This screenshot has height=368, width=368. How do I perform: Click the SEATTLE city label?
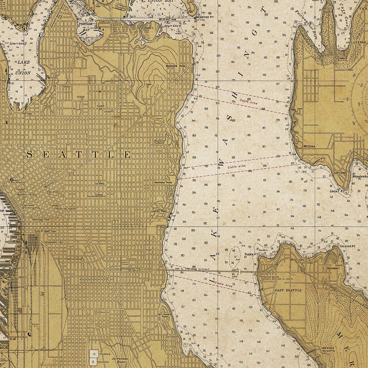pos(78,154)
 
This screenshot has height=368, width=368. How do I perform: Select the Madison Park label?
pos(176,66)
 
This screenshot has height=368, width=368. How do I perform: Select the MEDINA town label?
pos(309,146)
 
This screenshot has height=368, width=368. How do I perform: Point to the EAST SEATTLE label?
pos(288,290)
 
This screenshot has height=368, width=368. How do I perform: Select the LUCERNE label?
pos(359,41)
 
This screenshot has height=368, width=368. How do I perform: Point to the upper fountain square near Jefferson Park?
pos(94,353)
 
